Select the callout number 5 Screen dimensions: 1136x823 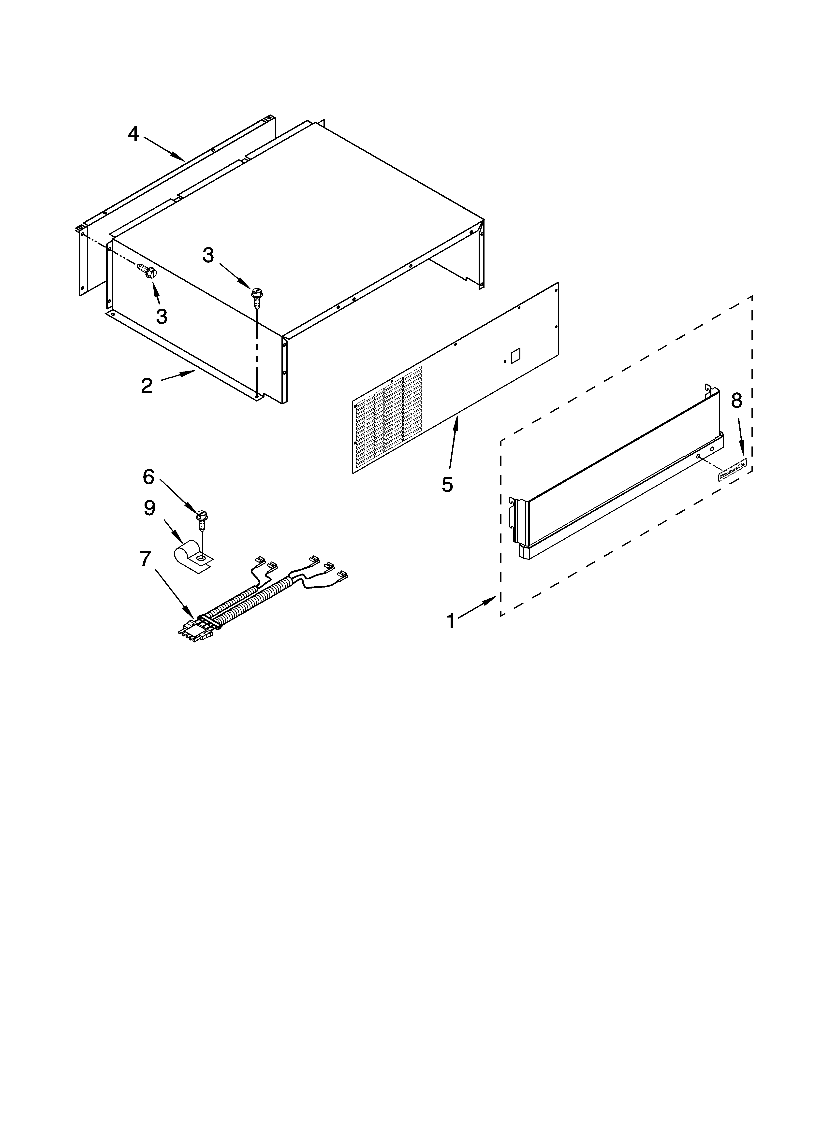click(447, 484)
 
